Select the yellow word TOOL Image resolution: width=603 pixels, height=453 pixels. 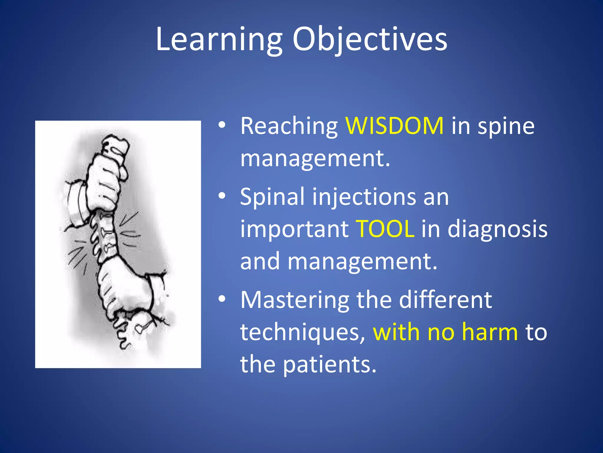click(x=385, y=229)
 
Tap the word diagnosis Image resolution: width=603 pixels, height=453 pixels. click(x=497, y=229)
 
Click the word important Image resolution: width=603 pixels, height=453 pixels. click(x=294, y=229)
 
